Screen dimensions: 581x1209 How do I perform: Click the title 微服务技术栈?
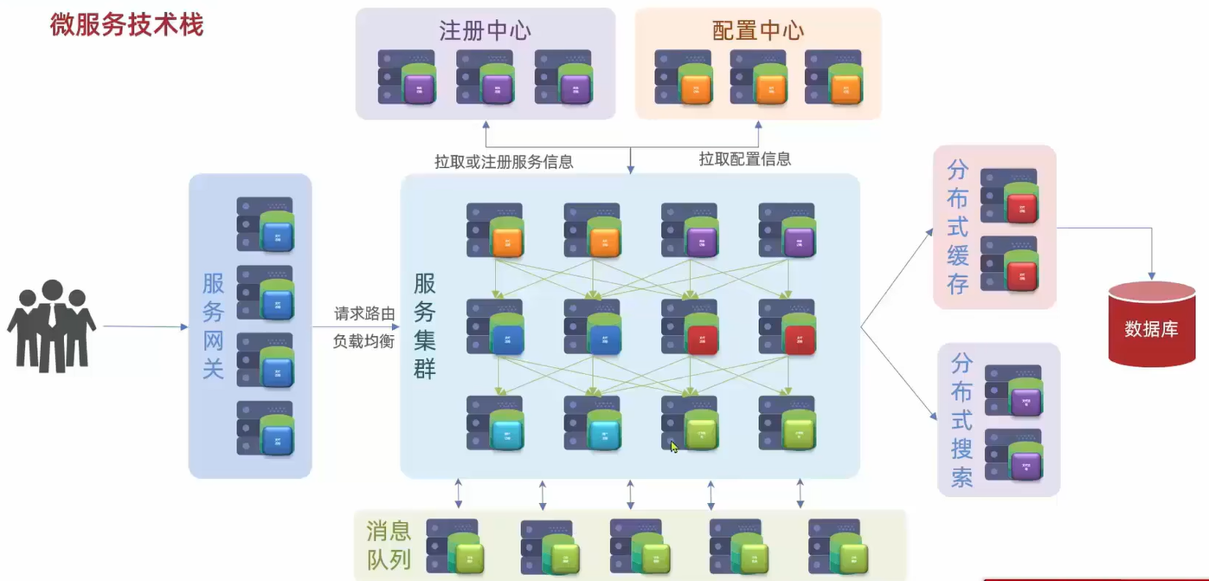[126, 25]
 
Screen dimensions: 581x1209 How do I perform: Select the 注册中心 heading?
[485, 31]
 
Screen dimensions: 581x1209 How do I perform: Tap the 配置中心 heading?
[758, 31]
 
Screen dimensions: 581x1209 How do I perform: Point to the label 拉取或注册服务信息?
[504, 161]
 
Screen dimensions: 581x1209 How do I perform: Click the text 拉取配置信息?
[745, 159]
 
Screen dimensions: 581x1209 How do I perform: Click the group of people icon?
[51, 326]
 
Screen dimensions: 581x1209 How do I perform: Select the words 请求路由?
[364, 313]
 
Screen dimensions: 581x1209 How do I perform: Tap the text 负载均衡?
[364, 341]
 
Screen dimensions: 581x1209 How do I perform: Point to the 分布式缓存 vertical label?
[958, 227]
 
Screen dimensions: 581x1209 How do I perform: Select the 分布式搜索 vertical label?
[961, 419]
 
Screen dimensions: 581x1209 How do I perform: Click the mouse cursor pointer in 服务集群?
[674, 447]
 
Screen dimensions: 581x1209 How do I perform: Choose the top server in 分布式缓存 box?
[1009, 196]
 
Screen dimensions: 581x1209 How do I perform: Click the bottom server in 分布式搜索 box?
[1013, 455]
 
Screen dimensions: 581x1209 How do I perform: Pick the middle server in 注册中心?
[485, 77]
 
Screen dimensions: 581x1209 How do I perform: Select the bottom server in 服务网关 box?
[265, 428]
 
